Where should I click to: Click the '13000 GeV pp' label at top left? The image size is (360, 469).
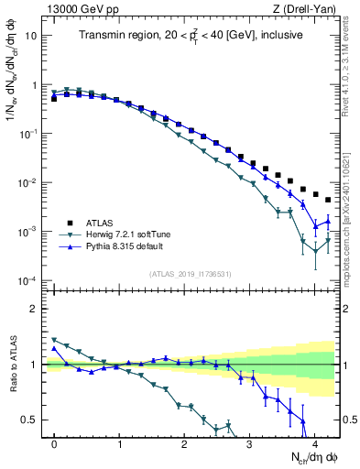[78, 8]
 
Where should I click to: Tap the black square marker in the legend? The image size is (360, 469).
[68, 222]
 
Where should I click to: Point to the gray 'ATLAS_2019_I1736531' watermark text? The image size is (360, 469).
[190, 274]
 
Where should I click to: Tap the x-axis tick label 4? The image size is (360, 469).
[314, 442]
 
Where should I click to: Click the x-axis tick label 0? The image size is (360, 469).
[54, 442]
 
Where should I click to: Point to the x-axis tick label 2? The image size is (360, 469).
[184, 442]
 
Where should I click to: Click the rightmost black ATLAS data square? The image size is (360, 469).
[327, 200]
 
